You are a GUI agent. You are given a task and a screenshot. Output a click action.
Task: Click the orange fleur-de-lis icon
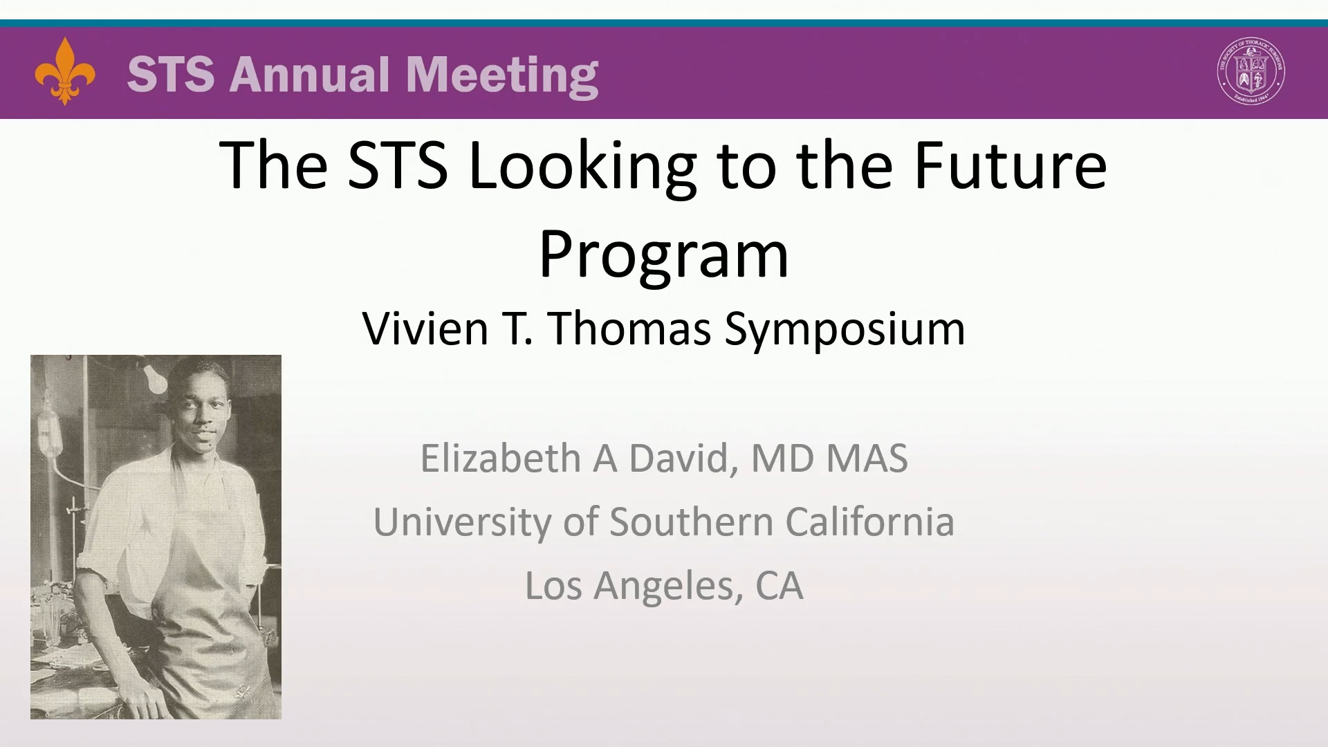pos(65,71)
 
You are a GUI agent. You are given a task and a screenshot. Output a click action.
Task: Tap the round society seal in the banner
pos(1251,71)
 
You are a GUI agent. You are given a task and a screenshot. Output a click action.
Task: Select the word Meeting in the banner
pos(502,76)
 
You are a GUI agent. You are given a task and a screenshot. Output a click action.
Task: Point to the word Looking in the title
pos(582,166)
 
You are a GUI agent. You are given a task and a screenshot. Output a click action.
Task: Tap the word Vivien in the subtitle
pos(425,328)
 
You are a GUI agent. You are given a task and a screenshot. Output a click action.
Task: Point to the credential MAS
pos(867,458)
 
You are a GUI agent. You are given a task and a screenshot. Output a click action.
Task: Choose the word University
pos(462,522)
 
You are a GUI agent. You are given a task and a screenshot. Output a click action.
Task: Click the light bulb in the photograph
pos(155,378)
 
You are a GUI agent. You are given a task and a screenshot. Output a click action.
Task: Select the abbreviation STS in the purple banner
pos(171,74)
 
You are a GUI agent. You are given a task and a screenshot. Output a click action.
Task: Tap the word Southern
pos(691,522)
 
